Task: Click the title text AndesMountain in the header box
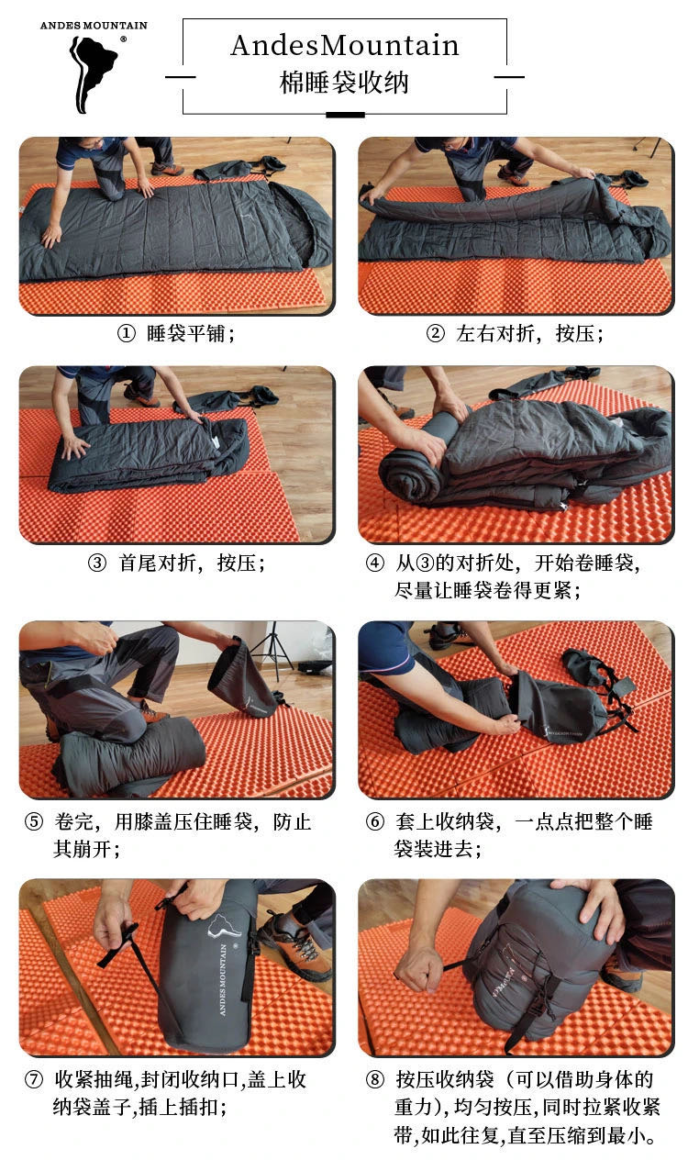pyautogui.click(x=345, y=45)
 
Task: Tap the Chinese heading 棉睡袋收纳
pyautogui.click(x=345, y=83)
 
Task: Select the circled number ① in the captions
pyautogui.click(x=126, y=334)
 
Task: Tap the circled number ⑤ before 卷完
pyautogui.click(x=34, y=821)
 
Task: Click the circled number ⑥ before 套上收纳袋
pyautogui.click(x=374, y=821)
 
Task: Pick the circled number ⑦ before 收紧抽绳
pyautogui.click(x=34, y=1079)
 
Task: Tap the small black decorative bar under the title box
pyautogui.click(x=345, y=115)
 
